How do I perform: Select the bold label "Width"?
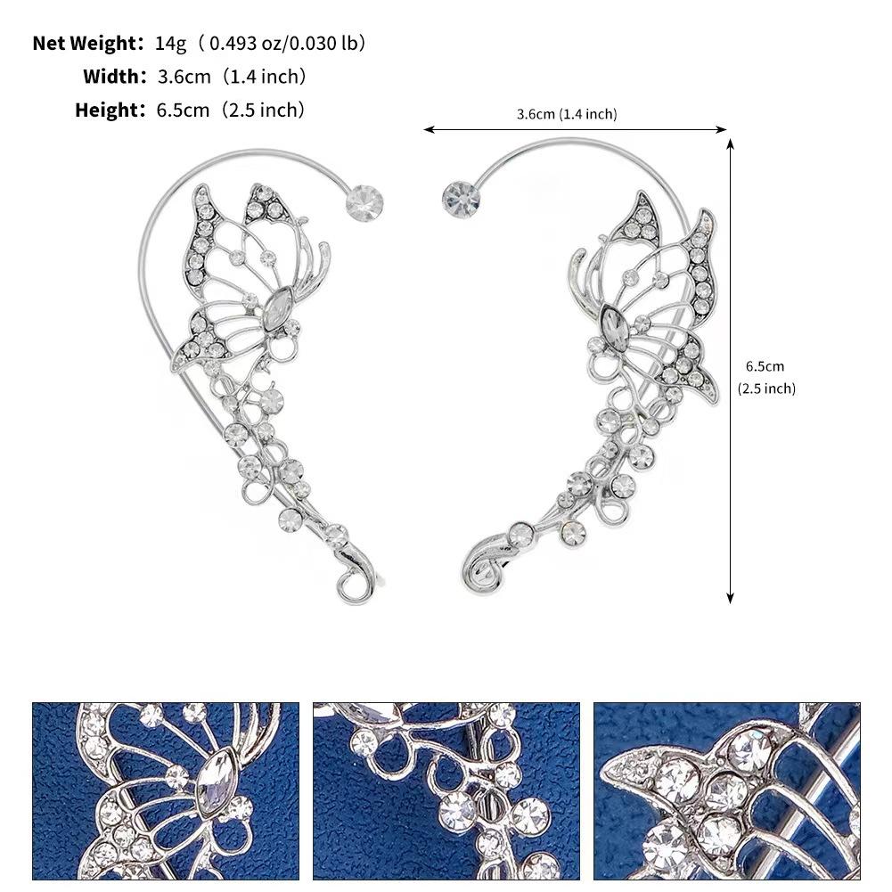pos(113,77)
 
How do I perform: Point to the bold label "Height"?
pos(109,110)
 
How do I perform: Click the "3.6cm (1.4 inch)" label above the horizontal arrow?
pos(566,114)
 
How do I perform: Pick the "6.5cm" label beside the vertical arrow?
pos(765,366)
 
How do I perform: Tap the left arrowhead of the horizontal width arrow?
pos(428,130)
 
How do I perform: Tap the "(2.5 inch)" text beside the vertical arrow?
pos(766,389)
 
